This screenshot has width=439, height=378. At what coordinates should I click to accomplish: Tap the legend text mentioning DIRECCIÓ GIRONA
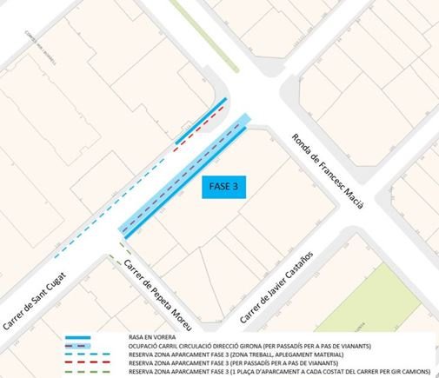(x=253, y=346)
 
